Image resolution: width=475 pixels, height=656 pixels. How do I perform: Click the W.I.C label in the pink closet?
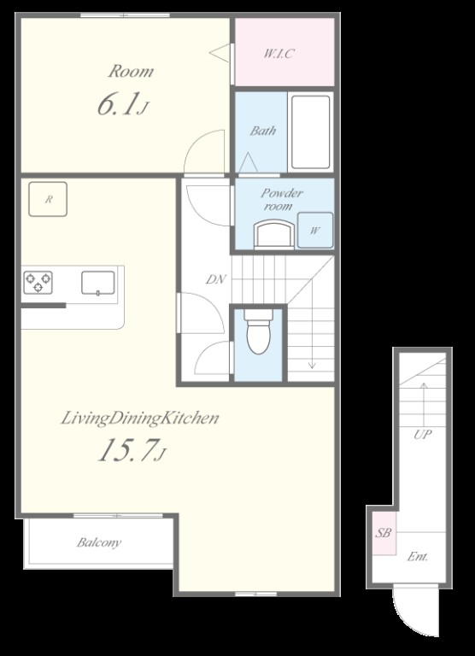[x=279, y=54]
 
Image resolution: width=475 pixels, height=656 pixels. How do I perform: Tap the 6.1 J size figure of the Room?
[x=123, y=104]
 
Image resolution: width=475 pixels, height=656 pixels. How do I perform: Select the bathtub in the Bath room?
[x=310, y=132]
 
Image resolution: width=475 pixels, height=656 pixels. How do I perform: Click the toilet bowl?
[x=258, y=331]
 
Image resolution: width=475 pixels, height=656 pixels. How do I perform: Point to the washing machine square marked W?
[x=315, y=230]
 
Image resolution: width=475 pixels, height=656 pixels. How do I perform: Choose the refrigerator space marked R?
[x=48, y=199]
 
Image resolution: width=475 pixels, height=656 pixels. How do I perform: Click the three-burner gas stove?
[x=38, y=283]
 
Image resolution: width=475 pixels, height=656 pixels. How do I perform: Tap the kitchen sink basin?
[x=98, y=283]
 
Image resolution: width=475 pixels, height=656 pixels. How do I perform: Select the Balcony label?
[x=99, y=542]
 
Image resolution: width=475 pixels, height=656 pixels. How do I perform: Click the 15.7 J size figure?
[x=132, y=450]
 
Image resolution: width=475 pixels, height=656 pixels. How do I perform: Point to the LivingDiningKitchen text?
[x=140, y=418]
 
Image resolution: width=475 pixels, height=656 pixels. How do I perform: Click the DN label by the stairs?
[x=216, y=279]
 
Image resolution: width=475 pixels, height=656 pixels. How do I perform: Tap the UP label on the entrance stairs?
[x=422, y=434]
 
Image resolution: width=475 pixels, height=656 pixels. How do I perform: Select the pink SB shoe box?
[x=384, y=533]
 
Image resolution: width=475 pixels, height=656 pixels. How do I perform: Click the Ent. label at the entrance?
[x=417, y=556]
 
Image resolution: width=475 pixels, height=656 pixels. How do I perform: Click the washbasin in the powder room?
[x=274, y=235]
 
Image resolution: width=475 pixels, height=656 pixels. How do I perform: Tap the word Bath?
[x=263, y=131]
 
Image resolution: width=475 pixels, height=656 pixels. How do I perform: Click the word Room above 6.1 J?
[x=131, y=71]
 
